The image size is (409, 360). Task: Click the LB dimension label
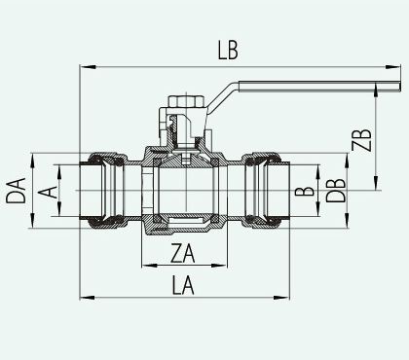[x=228, y=51]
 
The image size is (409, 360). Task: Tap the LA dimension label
[x=183, y=285]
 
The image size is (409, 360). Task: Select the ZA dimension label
[x=183, y=254]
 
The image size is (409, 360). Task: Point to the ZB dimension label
[x=361, y=140]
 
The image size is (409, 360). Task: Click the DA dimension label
[x=16, y=191]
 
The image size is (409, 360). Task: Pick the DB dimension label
[x=336, y=191]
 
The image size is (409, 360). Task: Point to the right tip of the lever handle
[x=400, y=86]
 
